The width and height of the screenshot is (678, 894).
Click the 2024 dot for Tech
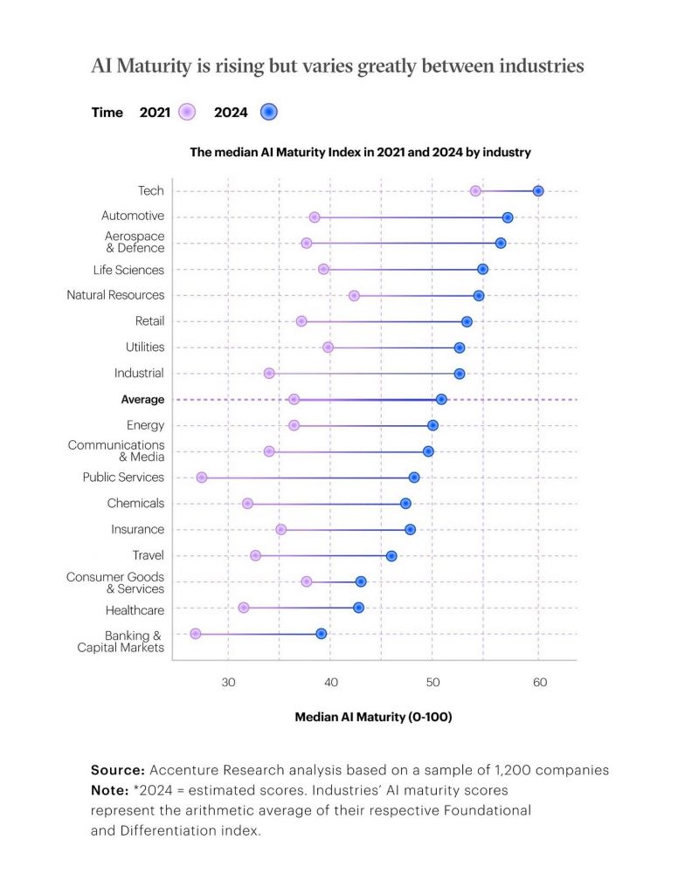coord(538,190)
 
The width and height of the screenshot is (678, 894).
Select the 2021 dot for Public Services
coord(202,478)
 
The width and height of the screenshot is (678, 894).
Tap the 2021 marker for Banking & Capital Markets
coord(195,634)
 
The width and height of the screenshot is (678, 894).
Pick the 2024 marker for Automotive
coord(508,217)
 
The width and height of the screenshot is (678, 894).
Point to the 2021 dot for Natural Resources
coord(354,296)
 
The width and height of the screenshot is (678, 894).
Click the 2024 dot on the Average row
coord(441,399)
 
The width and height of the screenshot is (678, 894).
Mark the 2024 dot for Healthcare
coord(358,608)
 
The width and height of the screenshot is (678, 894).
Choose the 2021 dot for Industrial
coord(269,374)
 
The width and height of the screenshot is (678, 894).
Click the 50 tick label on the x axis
coord(432,682)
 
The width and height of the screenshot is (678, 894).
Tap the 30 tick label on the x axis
coord(229,682)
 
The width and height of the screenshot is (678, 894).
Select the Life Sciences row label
coord(128,270)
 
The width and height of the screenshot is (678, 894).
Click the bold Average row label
coord(142,399)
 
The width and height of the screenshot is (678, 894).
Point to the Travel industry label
coord(148,555)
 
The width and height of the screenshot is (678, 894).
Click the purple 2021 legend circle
coord(187,112)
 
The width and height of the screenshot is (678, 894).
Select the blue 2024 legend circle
coord(268,112)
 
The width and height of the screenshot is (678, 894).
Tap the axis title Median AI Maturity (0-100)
coord(373,717)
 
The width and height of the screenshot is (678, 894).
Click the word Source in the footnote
coord(117,770)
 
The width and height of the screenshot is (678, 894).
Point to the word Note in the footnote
coord(108,789)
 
